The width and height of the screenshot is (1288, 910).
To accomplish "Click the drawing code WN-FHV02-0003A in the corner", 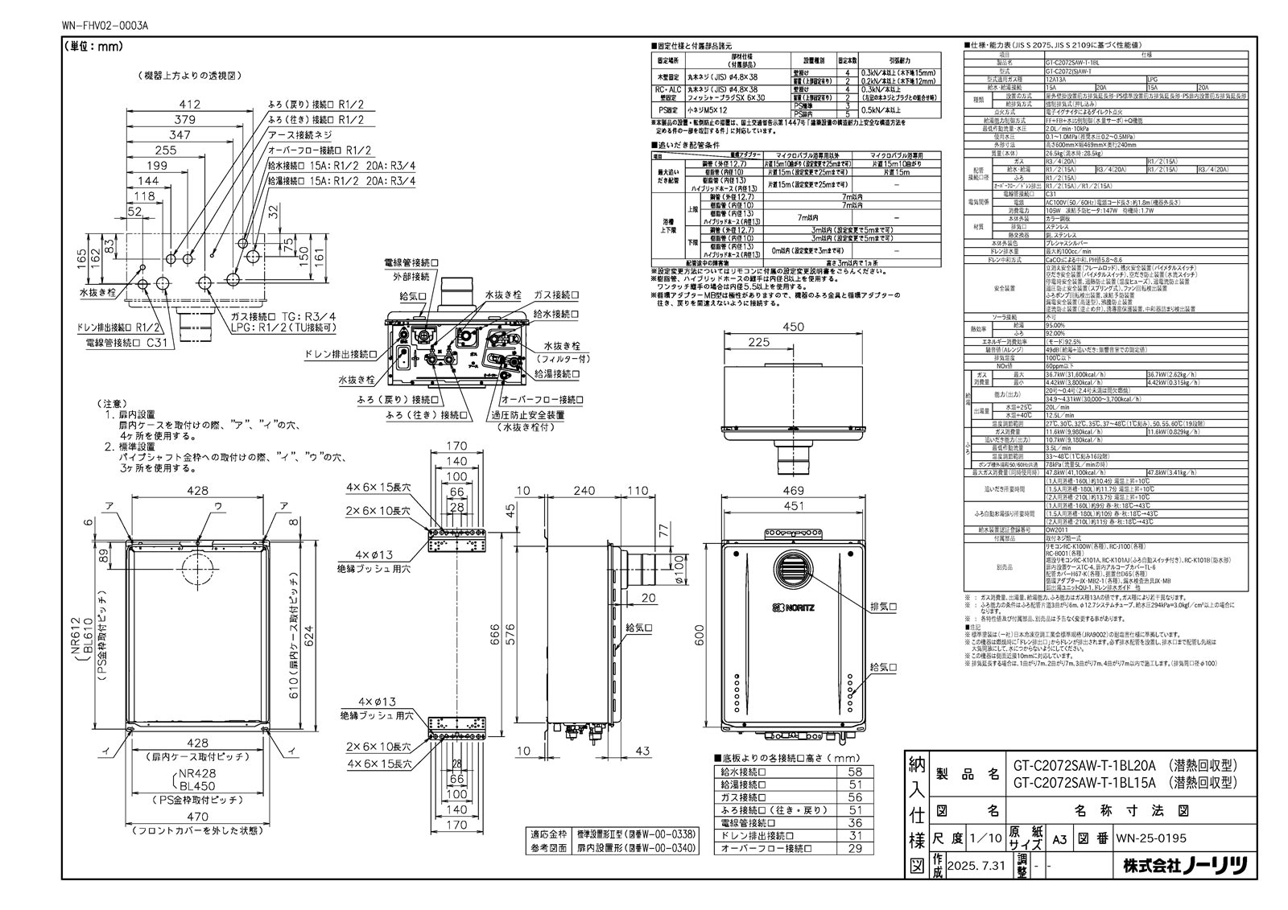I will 104,25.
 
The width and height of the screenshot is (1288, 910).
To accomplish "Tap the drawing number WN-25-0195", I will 1151,838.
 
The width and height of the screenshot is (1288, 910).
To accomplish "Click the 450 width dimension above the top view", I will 794,328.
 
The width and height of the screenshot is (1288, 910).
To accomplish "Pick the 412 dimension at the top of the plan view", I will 189,104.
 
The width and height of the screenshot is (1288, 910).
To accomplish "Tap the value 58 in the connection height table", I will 855,772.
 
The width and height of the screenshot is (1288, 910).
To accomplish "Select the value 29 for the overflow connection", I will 855,848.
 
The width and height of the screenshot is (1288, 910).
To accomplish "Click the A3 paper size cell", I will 1060,838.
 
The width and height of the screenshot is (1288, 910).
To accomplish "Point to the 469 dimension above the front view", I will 794,491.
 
